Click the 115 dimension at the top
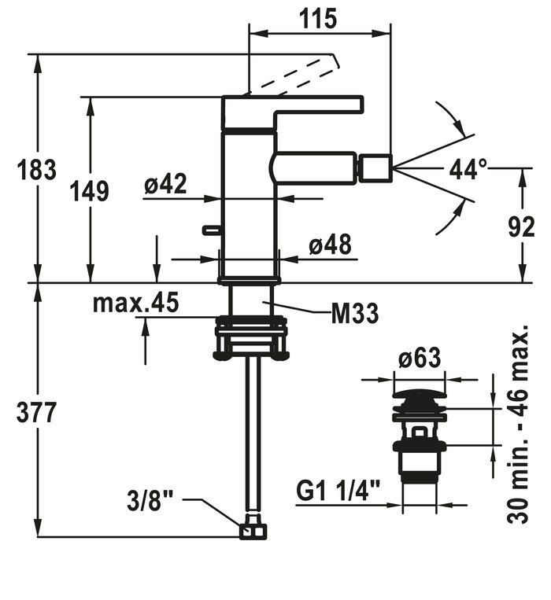pyautogui.click(x=319, y=17)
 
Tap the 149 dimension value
pyautogui.click(x=89, y=190)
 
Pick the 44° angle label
pyautogui.click(x=469, y=168)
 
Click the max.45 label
pyautogui.click(x=135, y=302)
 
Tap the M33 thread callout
pyautogui.click(x=354, y=315)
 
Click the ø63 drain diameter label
pyautogui.click(x=419, y=359)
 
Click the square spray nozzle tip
pyautogui.click(x=375, y=167)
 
